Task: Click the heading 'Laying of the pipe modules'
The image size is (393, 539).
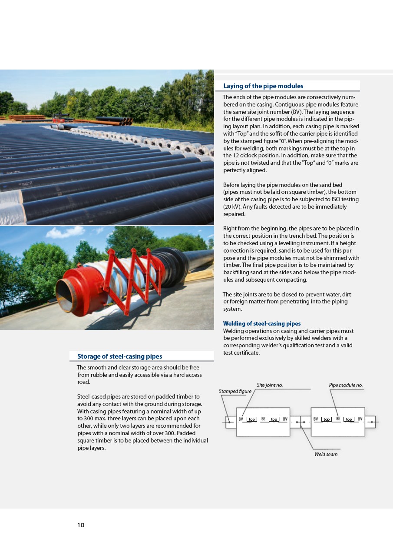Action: pyautogui.click(x=263, y=86)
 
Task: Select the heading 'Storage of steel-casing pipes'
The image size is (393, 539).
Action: pyautogui.click(x=119, y=356)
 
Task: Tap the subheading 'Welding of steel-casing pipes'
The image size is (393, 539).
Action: pyautogui.click(x=261, y=323)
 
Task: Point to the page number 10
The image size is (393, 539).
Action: pyautogui.click(x=81, y=525)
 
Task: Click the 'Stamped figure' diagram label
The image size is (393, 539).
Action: pyautogui.click(x=235, y=391)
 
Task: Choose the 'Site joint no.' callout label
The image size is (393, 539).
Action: pyautogui.click(x=270, y=385)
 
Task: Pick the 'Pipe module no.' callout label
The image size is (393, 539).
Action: pyautogui.click(x=346, y=385)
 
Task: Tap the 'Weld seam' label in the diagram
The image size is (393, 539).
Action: pyautogui.click(x=326, y=454)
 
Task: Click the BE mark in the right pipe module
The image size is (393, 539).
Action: pyautogui.click(x=338, y=419)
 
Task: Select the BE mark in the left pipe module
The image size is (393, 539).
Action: pyautogui.click(x=263, y=419)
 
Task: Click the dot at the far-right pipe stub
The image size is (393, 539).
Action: pyautogui.click(x=372, y=422)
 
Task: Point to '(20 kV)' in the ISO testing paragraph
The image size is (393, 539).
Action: pyautogui.click(x=232, y=206)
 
